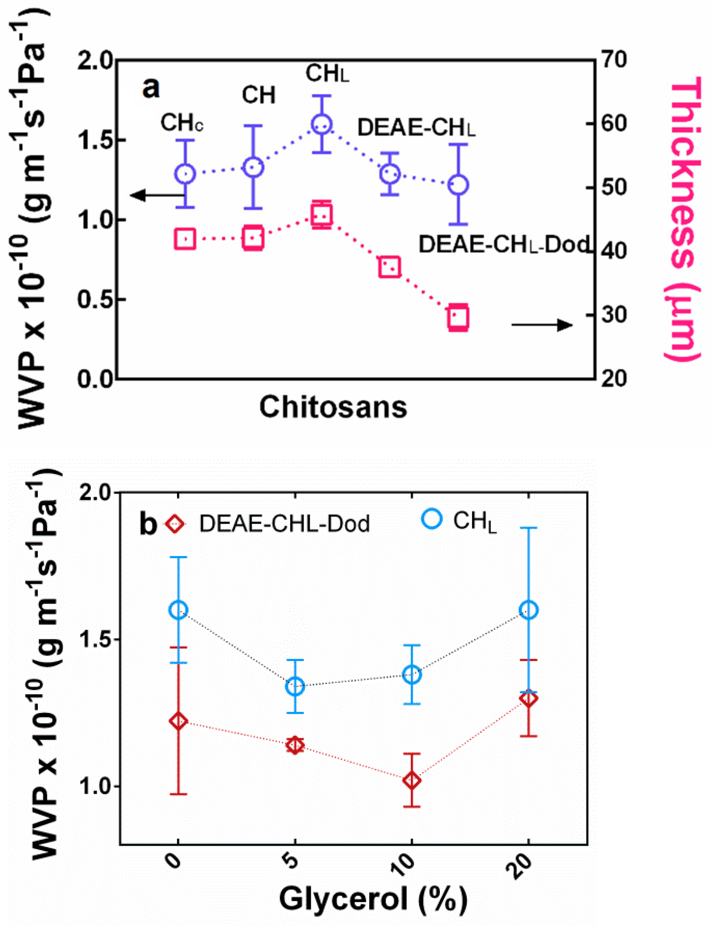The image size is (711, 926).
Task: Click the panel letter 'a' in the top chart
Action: tap(151, 89)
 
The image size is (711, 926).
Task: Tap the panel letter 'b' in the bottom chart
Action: tap(148, 524)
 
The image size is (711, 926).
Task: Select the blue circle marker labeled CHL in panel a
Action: tap(321, 124)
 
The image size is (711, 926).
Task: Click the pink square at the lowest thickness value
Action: tap(458, 317)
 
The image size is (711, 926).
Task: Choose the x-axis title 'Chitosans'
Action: tap(333, 407)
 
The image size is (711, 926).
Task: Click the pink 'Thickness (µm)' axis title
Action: tap(684, 220)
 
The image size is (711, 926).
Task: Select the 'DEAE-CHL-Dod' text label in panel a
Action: tap(503, 244)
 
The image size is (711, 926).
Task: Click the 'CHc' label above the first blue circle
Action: tap(182, 123)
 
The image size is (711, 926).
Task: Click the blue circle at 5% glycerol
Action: tap(295, 687)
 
